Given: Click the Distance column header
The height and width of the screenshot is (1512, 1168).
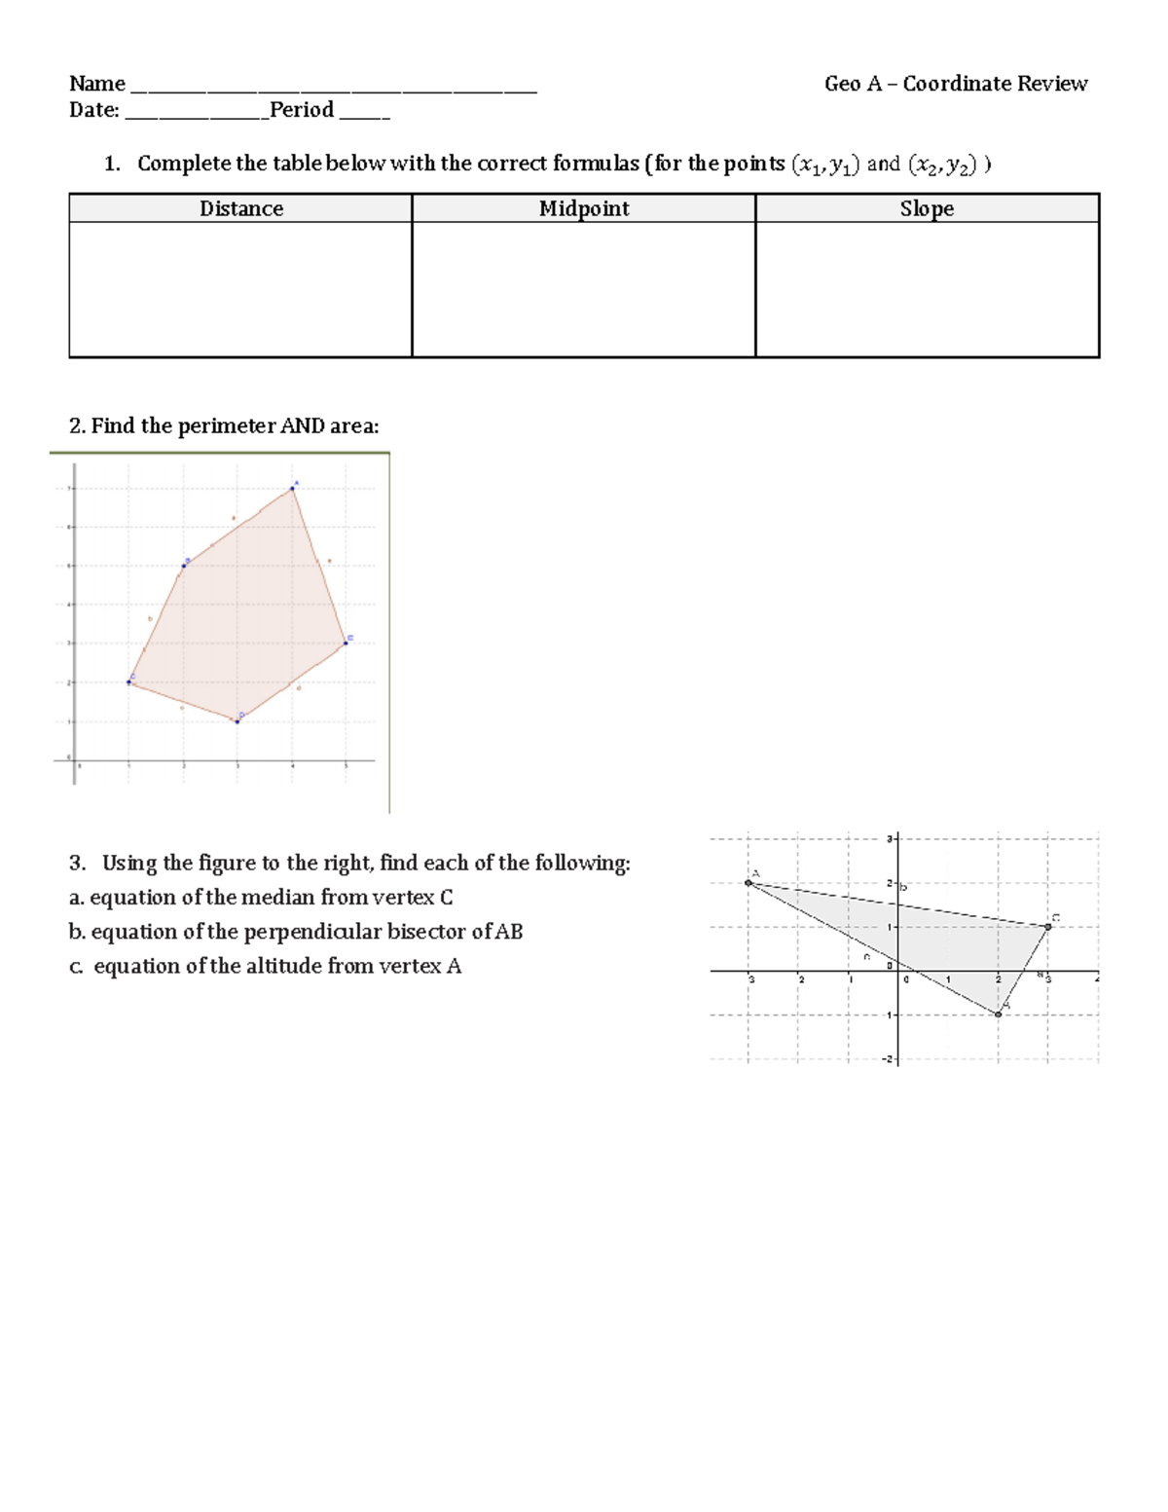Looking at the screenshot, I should coord(241,208).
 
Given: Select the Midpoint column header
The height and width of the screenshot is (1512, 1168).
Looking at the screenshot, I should coord(584,208).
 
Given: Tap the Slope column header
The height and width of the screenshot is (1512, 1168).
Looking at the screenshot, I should coord(927,208).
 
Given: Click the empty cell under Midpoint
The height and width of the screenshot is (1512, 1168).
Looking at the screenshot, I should coord(584,289).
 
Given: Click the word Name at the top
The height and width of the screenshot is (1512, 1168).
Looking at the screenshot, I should coord(96,84).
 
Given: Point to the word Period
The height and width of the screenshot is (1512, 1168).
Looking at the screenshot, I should coord(302,110).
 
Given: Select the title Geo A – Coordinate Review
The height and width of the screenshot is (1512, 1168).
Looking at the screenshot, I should coord(955,84).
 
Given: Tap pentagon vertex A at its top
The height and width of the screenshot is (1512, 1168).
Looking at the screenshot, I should coord(292,489).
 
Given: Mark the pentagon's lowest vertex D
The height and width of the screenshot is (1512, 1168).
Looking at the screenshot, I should coord(237,721).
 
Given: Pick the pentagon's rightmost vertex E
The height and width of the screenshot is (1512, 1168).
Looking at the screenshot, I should coord(346,643).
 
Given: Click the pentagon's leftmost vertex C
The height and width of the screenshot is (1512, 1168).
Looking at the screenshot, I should coord(128,682).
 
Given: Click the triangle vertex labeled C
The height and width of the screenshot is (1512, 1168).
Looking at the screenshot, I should coord(1048,927).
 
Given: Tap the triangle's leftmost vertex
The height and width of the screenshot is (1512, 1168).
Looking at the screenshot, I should coord(748,883).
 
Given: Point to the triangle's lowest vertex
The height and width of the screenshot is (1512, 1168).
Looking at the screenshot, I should coord(998,1014).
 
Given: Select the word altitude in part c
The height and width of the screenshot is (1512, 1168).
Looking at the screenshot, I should coord(279,966).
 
